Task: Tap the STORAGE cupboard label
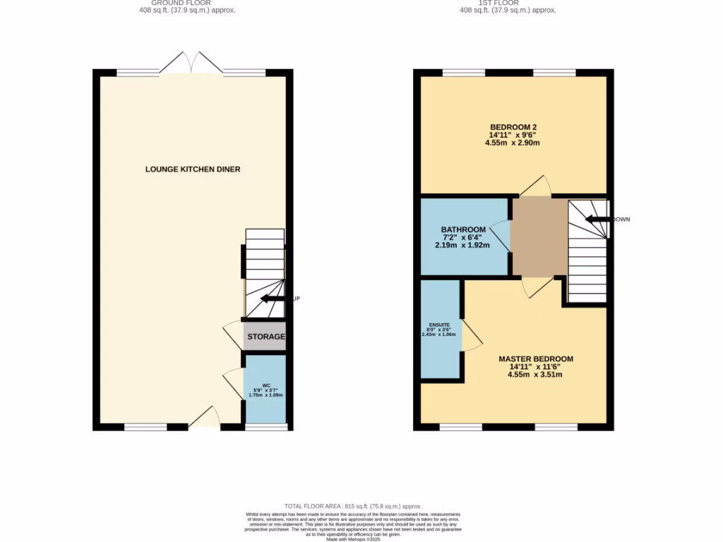(x=266, y=337)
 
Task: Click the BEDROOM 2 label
(x=513, y=127)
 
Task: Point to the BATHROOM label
(x=463, y=229)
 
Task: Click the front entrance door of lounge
(x=204, y=418)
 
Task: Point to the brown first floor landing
(x=539, y=236)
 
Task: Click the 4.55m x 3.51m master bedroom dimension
(x=535, y=375)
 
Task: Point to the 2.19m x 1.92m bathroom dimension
(x=463, y=246)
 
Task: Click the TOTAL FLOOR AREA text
(x=353, y=506)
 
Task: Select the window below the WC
(x=265, y=427)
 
